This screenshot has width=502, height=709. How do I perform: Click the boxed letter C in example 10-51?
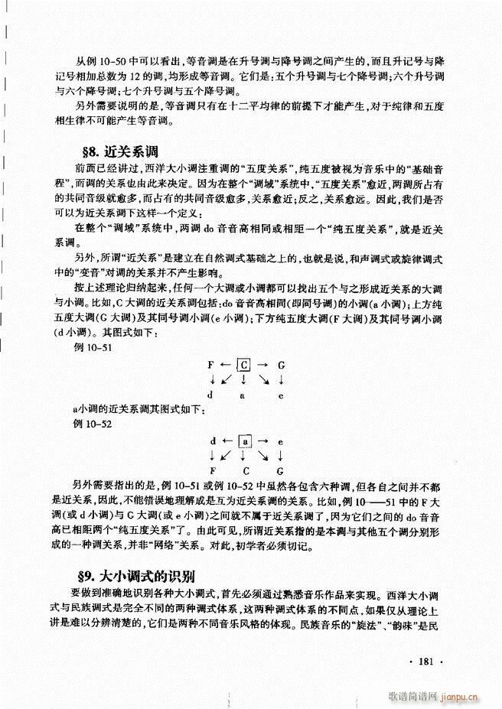pyautogui.click(x=244, y=366)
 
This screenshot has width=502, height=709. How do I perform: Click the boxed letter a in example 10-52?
pyautogui.click(x=244, y=441)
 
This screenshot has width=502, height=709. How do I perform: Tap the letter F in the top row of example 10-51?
pyautogui.click(x=210, y=366)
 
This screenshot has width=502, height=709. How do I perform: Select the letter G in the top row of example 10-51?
pyautogui.click(x=282, y=366)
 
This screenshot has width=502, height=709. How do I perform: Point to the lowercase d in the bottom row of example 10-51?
pyautogui.click(x=210, y=395)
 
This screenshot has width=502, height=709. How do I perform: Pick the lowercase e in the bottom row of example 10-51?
pyautogui.click(x=282, y=395)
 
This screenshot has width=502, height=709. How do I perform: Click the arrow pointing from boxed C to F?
pyautogui.click(x=226, y=366)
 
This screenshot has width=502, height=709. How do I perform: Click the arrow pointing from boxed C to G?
pyautogui.click(x=262, y=366)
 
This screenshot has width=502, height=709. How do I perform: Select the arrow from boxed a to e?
pyautogui.click(x=262, y=441)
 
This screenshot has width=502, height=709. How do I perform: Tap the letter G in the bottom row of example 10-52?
pyautogui.click(x=282, y=470)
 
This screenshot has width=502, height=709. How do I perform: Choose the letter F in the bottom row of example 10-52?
pyautogui.click(x=210, y=470)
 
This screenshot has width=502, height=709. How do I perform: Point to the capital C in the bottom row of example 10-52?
pyautogui.click(x=246, y=470)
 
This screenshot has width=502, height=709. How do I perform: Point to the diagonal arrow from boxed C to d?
pyautogui.click(x=227, y=380)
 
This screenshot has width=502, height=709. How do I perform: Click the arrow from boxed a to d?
pyautogui.click(x=226, y=441)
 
